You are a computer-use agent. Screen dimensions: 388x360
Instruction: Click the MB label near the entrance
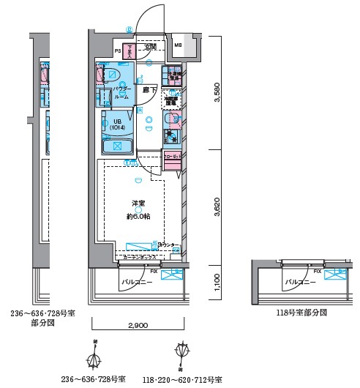point(179,45)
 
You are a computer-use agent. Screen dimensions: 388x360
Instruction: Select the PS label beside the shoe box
point(117,51)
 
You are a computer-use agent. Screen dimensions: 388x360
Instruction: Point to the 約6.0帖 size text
point(137,217)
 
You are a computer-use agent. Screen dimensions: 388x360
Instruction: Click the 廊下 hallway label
point(149,89)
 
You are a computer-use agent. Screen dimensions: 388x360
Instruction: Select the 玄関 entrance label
point(150,47)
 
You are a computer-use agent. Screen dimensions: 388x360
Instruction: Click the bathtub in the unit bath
point(115,147)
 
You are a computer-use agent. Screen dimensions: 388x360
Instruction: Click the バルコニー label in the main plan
point(136,281)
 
